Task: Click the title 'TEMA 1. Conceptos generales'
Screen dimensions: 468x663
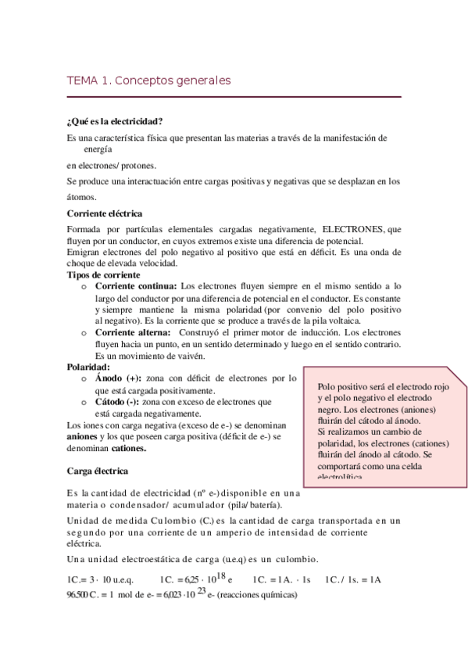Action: click(148, 80)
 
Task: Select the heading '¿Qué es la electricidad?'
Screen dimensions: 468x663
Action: click(115, 121)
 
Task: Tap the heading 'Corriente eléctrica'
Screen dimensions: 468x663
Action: click(105, 213)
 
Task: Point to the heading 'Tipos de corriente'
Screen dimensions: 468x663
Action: click(103, 275)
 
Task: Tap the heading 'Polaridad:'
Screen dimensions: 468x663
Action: click(88, 367)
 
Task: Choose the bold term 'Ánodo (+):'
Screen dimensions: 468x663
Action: click(119, 378)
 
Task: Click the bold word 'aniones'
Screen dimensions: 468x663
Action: click(85, 436)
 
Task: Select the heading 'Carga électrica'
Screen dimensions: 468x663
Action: click(98, 471)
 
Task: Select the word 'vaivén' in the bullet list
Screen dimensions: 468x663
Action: click(191, 356)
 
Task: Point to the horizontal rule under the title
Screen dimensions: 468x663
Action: click(234, 96)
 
